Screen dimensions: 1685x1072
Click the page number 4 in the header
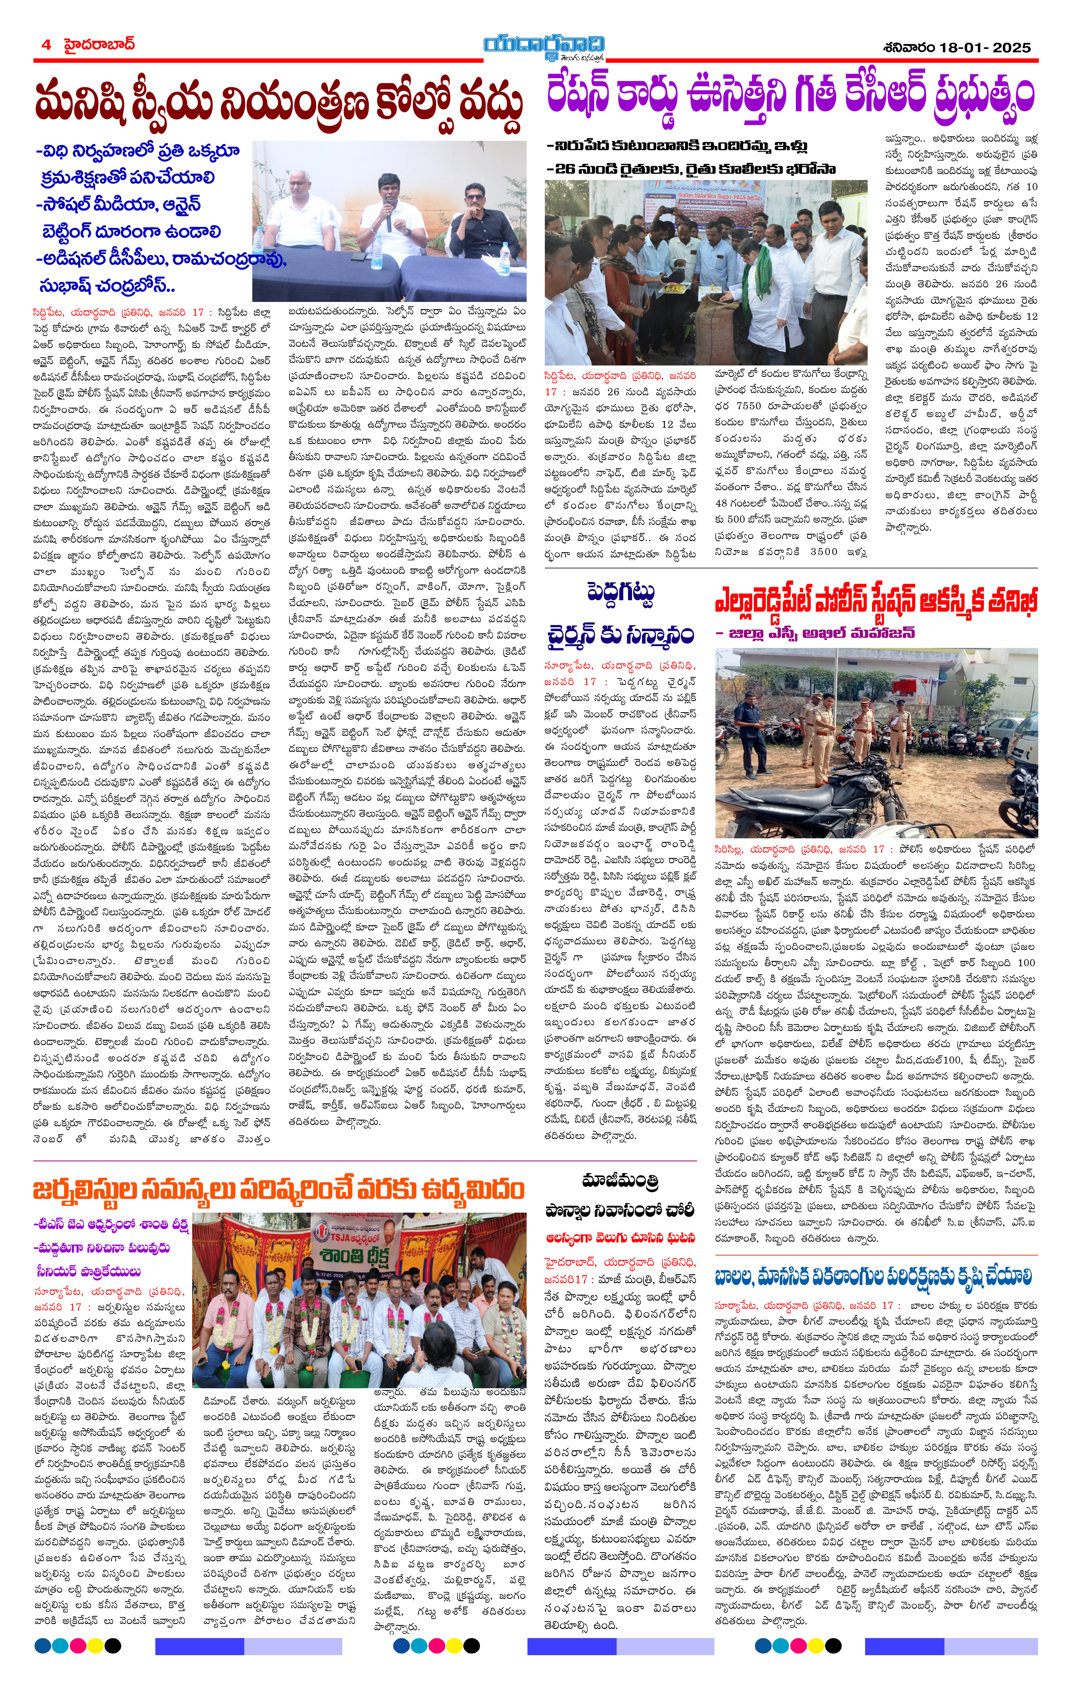[x=46, y=45]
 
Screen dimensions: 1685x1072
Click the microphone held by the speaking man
[x=388, y=216]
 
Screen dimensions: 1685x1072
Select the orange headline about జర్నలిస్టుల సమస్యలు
[x=279, y=1190]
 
